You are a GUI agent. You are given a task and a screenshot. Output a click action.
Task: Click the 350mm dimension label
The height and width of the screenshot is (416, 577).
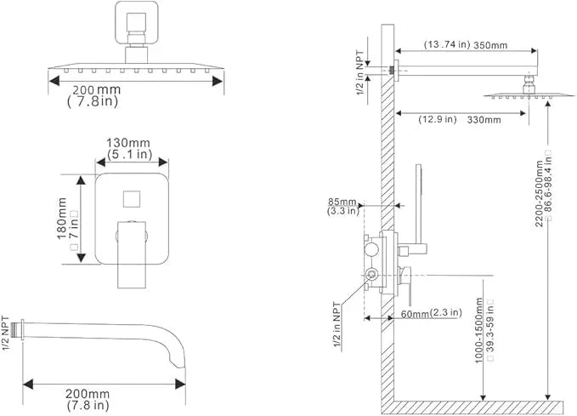point(490,45)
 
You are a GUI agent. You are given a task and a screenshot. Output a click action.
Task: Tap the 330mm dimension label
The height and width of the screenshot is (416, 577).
point(484,120)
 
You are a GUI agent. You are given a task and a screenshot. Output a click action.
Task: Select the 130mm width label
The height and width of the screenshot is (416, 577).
point(128,143)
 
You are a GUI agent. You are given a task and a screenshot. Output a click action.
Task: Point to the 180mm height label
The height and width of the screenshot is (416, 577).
point(62,219)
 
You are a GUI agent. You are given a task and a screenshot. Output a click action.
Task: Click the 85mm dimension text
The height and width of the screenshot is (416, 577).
point(342,202)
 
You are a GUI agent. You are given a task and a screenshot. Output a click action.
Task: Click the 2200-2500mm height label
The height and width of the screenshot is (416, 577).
point(539,194)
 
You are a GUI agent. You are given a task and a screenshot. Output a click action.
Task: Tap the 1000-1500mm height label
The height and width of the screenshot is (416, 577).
point(478,331)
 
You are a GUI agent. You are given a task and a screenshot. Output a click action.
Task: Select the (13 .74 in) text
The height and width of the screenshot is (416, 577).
point(447,44)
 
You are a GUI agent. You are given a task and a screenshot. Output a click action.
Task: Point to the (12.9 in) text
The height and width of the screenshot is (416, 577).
point(438,119)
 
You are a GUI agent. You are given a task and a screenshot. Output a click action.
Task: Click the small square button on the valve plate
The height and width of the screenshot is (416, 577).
point(132,199)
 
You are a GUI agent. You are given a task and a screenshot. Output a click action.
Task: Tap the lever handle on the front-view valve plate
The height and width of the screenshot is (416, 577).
point(132,254)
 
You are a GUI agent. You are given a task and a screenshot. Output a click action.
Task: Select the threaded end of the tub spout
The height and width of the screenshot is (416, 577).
point(16,329)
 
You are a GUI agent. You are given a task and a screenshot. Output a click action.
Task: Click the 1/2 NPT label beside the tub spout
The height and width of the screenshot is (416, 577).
point(6,333)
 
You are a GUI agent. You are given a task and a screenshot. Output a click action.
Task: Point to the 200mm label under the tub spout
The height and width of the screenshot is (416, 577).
point(88,394)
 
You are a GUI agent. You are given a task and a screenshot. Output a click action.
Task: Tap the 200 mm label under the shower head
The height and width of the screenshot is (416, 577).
point(96,90)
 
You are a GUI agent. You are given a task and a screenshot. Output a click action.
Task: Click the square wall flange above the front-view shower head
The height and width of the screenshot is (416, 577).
point(137,22)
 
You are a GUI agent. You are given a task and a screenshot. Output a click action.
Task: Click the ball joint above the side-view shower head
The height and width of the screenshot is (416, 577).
point(529,85)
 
